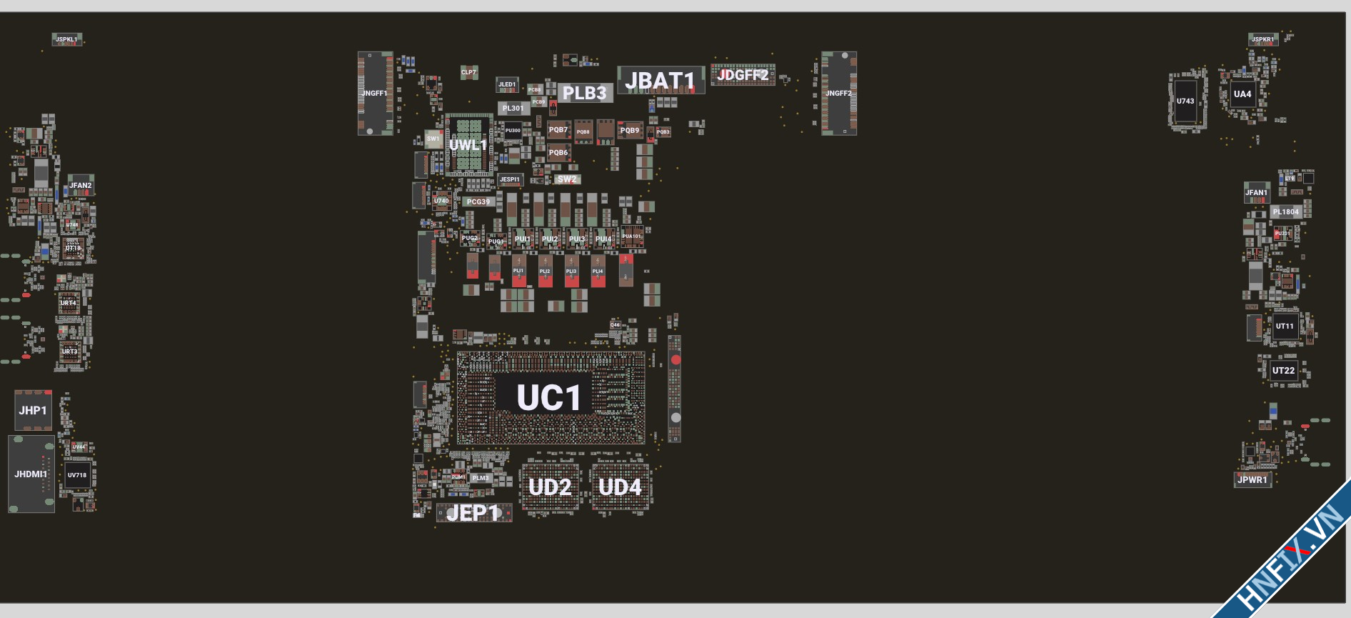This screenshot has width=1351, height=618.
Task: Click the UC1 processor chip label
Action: pyautogui.click(x=548, y=398)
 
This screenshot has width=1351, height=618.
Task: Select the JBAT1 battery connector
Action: pyautogui.click(x=660, y=81)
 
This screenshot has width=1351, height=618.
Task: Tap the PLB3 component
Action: pyautogui.click(x=584, y=93)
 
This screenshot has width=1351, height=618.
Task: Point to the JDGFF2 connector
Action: pyautogui.click(x=743, y=75)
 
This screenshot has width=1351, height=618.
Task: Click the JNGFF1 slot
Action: pyautogui.click(x=375, y=93)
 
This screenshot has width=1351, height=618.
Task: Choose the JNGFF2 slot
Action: pyautogui.click(x=838, y=93)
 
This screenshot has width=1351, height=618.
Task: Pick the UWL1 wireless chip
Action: pyautogui.click(x=468, y=145)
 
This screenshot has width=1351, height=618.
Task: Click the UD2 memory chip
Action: pyautogui.click(x=550, y=487)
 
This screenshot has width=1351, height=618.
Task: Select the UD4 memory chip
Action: pyautogui.click(x=620, y=487)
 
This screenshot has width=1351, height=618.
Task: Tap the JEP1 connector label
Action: pyautogui.click(x=473, y=513)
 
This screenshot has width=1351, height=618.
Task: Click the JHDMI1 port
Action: pyautogui.click(x=31, y=474)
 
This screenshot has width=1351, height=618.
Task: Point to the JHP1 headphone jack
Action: pyautogui.click(x=33, y=410)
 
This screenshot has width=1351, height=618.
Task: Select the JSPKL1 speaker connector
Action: pyautogui.click(x=66, y=39)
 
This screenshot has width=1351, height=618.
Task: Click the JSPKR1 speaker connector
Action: pyautogui.click(x=1262, y=39)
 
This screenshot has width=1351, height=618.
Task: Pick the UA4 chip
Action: pyautogui.click(x=1242, y=94)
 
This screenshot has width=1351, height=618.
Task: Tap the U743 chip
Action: pyautogui.click(x=1185, y=101)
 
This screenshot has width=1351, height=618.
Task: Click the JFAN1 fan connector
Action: pyautogui.click(x=1256, y=192)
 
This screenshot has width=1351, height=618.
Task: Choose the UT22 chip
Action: pyautogui.click(x=1283, y=370)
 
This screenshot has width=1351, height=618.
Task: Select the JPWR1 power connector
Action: pyautogui.click(x=1252, y=479)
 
